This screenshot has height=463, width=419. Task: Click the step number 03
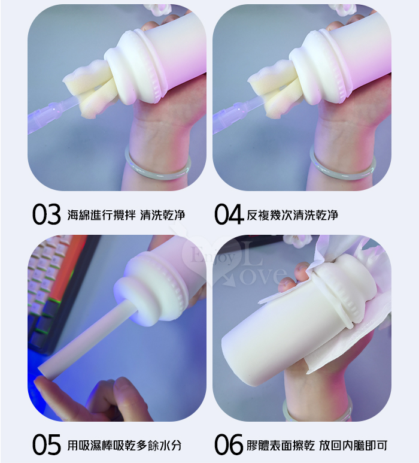click(46, 214)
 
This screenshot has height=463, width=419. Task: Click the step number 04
click(229, 214)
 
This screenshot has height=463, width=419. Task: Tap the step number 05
click(46, 444)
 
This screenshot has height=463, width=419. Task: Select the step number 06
click(229, 444)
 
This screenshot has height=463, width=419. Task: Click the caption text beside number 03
click(126, 215)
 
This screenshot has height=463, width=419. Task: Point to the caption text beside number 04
click(292, 215)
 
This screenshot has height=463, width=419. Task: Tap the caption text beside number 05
click(125, 445)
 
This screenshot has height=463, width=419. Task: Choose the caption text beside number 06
click(317, 445)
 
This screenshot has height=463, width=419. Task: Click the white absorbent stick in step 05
click(89, 340)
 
